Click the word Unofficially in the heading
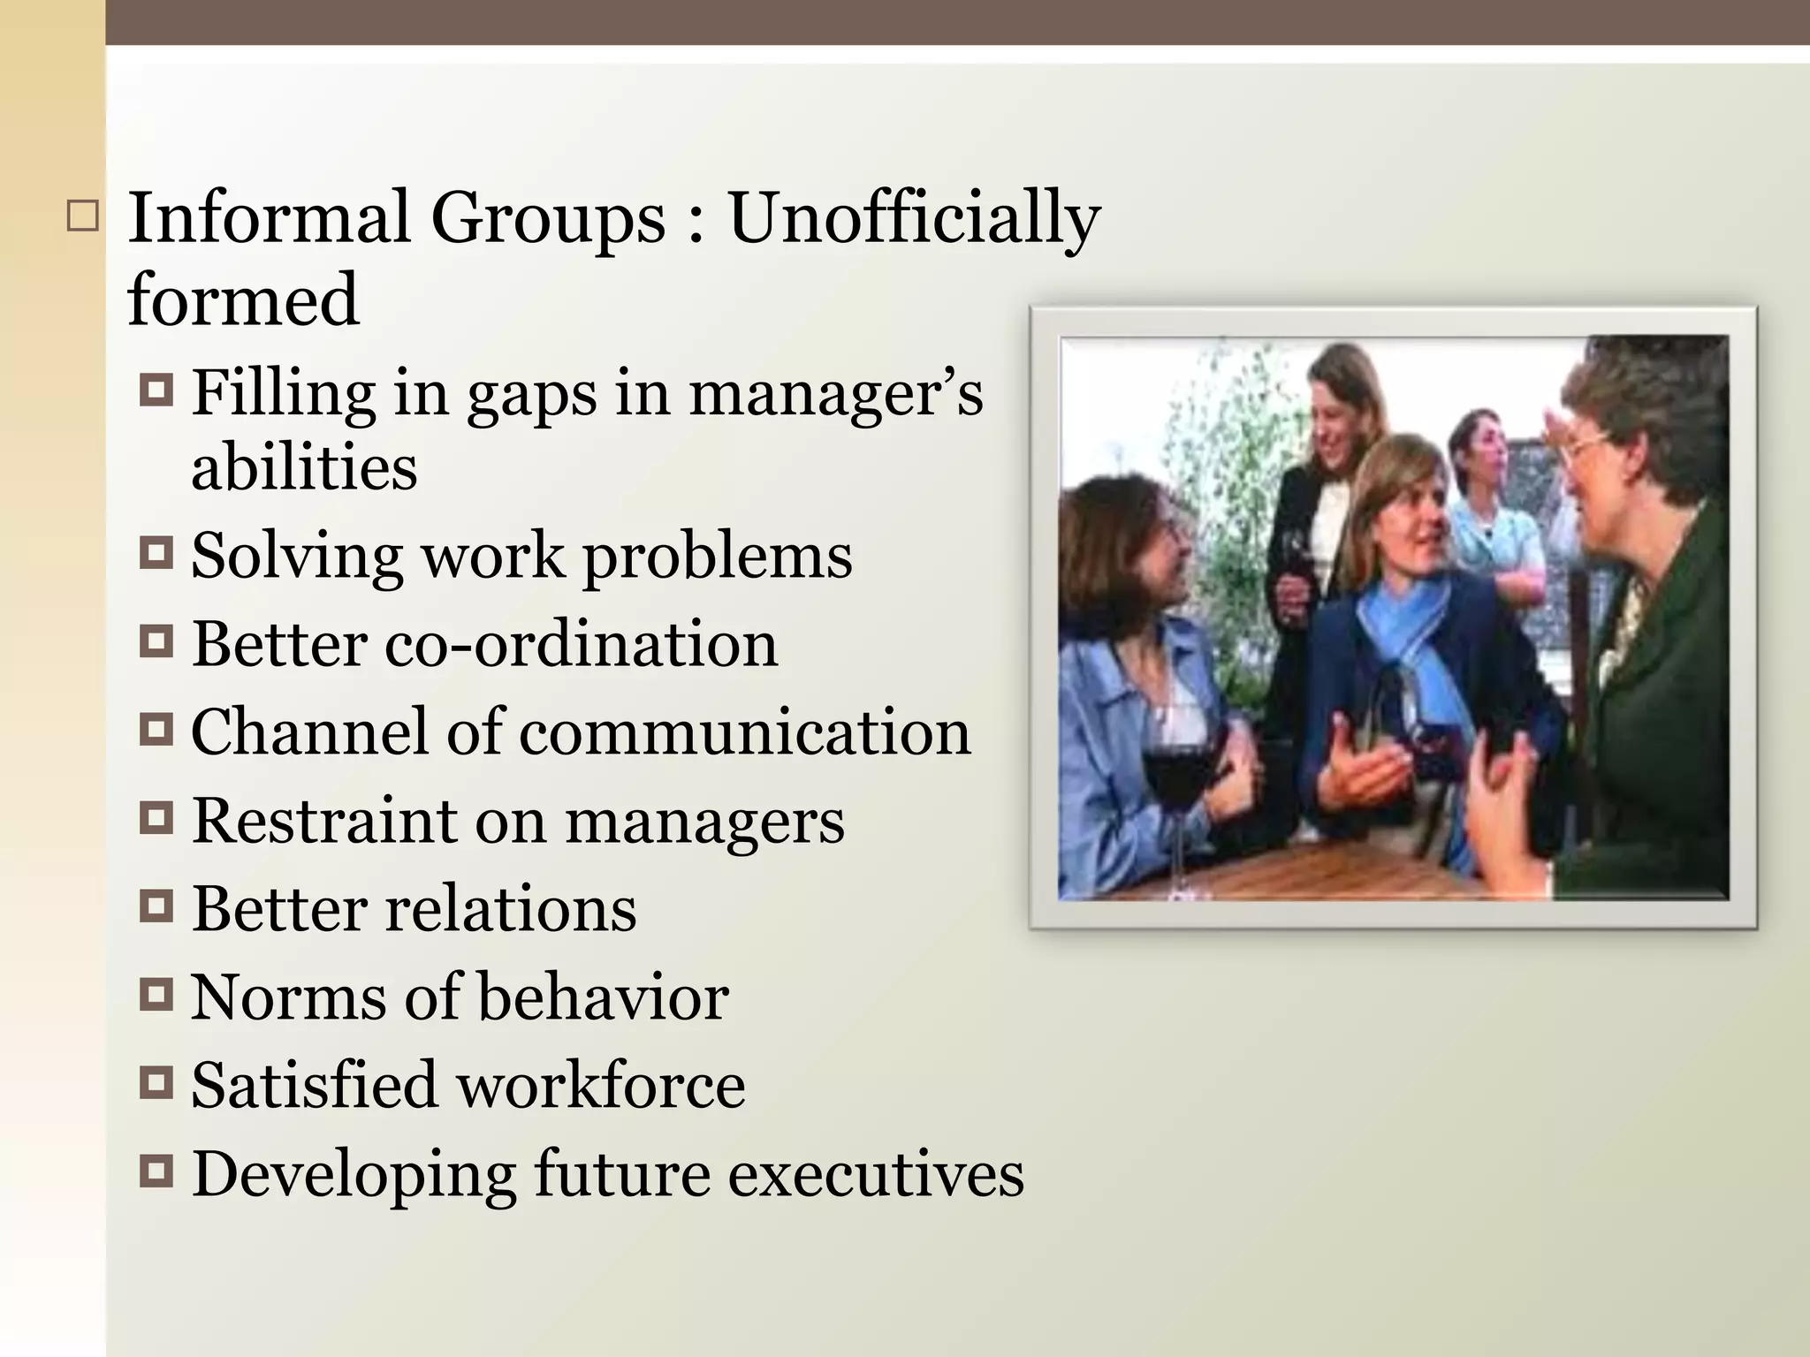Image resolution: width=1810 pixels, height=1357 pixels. coord(913,219)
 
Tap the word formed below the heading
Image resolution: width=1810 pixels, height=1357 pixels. coord(243,300)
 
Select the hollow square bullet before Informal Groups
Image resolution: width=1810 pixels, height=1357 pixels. coord(82,216)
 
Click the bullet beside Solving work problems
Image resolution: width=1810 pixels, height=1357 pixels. coord(156,555)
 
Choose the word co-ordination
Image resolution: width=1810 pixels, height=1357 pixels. coord(582,643)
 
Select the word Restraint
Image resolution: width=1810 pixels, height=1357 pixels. coord(324,820)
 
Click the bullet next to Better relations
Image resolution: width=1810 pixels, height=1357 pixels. coord(156,907)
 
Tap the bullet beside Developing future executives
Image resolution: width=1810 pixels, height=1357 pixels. coord(156,1172)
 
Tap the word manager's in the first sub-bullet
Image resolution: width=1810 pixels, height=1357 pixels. coord(835,393)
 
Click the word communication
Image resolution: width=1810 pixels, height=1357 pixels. coord(744,732)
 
